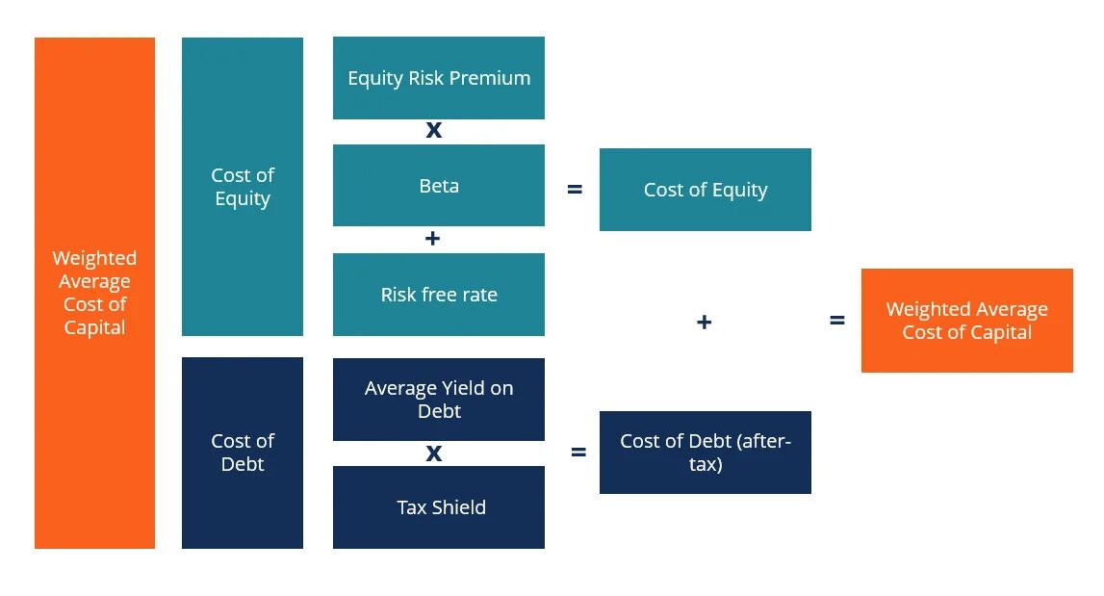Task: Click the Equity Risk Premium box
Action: tap(438, 78)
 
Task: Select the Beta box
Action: tap(438, 186)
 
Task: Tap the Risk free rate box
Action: tap(438, 295)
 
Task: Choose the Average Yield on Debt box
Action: tap(438, 400)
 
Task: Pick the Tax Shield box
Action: tap(438, 507)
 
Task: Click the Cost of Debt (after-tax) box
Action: tap(705, 453)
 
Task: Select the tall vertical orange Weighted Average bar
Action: tap(94, 293)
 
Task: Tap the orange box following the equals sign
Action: tap(966, 321)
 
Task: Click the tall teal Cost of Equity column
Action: tap(243, 187)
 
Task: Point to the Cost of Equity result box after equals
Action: tap(705, 190)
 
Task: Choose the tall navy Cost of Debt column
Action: tap(243, 453)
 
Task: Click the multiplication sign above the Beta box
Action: tap(434, 131)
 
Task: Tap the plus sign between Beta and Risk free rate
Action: tap(432, 239)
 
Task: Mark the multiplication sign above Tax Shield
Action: tap(434, 453)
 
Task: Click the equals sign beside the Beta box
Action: tap(575, 190)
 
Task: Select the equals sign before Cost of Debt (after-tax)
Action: tap(578, 452)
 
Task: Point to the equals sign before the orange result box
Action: tap(837, 321)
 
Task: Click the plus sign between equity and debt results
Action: tap(704, 322)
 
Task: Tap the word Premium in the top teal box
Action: tap(492, 78)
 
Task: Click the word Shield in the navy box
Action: tap(459, 507)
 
